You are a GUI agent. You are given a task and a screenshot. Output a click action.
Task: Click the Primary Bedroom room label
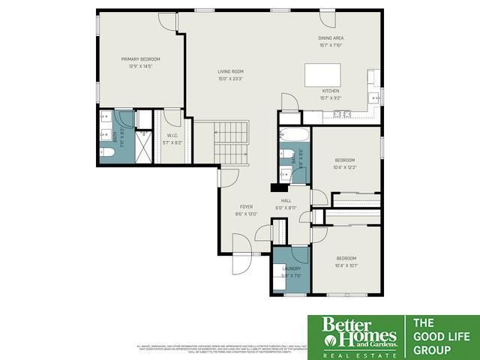141,58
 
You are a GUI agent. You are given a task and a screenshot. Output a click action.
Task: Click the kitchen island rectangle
322,75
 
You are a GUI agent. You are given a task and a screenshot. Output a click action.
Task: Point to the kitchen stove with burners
343,114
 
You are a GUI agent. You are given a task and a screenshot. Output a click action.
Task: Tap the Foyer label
246,206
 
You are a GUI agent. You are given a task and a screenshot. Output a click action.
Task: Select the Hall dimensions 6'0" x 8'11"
286,208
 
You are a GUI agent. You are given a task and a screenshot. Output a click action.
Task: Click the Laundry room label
291,268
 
